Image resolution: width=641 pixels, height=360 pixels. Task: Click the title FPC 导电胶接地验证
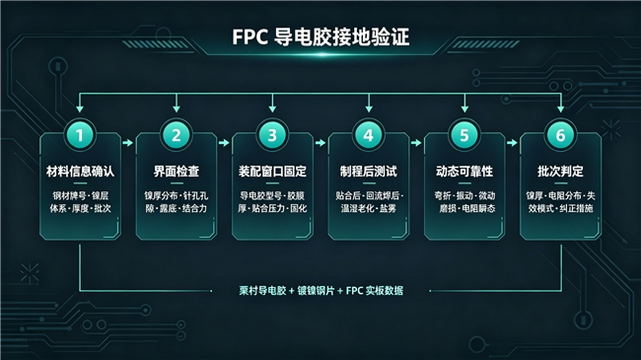(x=320, y=36)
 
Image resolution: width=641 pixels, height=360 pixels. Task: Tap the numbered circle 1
(x=80, y=135)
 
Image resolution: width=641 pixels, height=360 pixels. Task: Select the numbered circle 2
(x=177, y=135)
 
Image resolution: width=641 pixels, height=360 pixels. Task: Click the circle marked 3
(x=272, y=135)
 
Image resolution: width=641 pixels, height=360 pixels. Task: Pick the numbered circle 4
(x=369, y=135)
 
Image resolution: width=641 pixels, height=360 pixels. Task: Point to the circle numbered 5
(x=464, y=135)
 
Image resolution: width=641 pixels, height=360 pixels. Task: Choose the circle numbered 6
(x=560, y=135)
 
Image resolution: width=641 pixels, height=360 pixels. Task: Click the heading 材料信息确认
(x=80, y=171)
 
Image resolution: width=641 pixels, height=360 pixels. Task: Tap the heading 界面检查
(x=177, y=171)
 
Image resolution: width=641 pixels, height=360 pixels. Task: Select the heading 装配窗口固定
(x=272, y=171)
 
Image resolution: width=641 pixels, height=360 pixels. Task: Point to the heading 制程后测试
(x=369, y=171)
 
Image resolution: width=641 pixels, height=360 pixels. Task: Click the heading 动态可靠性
(x=464, y=171)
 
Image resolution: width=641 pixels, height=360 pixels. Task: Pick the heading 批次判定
(x=560, y=171)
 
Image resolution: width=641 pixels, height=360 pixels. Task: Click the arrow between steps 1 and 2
(x=128, y=143)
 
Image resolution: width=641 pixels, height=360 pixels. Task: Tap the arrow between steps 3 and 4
(x=320, y=143)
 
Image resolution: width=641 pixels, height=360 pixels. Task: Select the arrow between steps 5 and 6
(x=512, y=143)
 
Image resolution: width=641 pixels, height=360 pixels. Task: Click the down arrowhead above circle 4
(x=369, y=108)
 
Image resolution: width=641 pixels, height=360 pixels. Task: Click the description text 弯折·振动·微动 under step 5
(x=464, y=196)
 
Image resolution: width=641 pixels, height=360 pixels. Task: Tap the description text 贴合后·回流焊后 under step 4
(x=369, y=196)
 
